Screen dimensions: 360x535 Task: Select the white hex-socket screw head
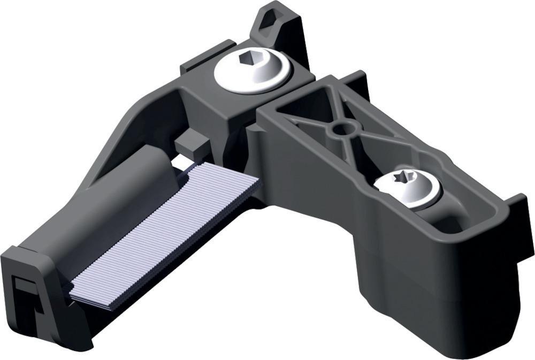[x=250, y=73]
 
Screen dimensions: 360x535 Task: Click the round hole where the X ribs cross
[x=340, y=129]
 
